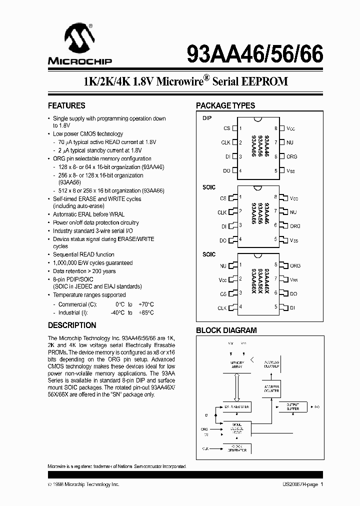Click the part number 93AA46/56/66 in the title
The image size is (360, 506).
click(x=255, y=52)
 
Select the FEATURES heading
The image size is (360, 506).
click(x=66, y=106)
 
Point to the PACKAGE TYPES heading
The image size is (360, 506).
click(x=225, y=106)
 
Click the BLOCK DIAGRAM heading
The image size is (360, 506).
click(x=226, y=330)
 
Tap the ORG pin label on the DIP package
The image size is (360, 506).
click(x=291, y=156)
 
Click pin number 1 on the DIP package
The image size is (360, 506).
click(x=240, y=128)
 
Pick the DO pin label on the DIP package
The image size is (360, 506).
click(x=226, y=171)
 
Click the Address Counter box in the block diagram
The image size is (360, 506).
click(x=271, y=388)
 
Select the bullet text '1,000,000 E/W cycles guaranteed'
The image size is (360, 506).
click(x=93, y=263)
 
